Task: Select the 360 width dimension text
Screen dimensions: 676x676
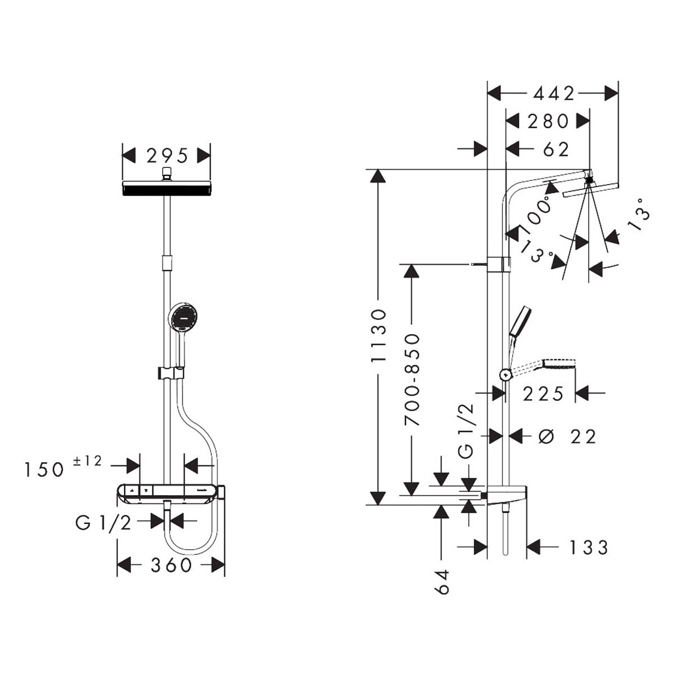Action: coord(171,565)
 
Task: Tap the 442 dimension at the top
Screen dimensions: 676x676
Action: coord(554,94)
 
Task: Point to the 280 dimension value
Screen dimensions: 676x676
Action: coord(548,121)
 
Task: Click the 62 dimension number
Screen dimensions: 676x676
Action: coord(555,149)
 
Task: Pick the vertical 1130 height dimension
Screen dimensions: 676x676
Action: coord(379,335)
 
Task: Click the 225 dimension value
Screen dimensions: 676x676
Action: coord(543,394)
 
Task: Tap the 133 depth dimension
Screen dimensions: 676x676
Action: coord(588,547)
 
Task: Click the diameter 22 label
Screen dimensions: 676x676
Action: coord(567,437)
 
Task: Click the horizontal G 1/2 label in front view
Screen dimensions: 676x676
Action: coord(103,523)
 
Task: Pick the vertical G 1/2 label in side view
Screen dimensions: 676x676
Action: coord(465,431)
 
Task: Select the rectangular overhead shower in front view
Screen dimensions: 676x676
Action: coord(167,188)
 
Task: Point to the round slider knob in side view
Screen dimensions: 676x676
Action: coord(505,375)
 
